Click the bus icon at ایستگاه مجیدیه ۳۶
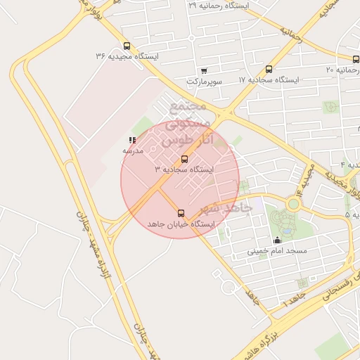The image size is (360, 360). click(127, 46)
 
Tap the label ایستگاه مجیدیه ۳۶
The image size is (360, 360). click(127, 56)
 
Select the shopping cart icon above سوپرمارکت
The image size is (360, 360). click(204, 70)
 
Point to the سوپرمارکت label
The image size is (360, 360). click(204, 82)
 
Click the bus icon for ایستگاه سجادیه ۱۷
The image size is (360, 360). click(269, 69)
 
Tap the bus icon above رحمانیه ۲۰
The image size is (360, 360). click(356, 59)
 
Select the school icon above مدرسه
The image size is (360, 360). click(132, 141)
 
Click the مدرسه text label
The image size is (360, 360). click(133, 151)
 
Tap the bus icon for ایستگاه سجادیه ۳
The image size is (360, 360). click(185, 160)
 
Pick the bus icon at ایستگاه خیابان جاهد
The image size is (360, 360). click(181, 213)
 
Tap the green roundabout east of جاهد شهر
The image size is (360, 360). click(293, 204)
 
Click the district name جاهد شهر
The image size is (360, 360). click(226, 209)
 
